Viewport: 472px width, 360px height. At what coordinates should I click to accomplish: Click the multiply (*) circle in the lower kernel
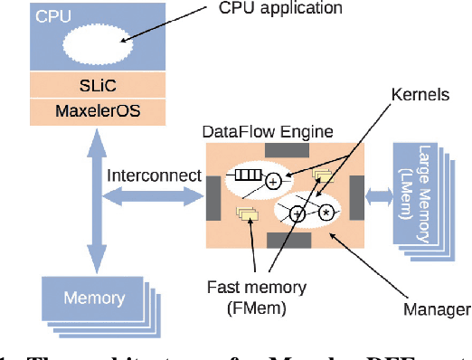coord(325,213)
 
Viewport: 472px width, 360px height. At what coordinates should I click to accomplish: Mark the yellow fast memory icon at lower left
coord(245,213)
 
